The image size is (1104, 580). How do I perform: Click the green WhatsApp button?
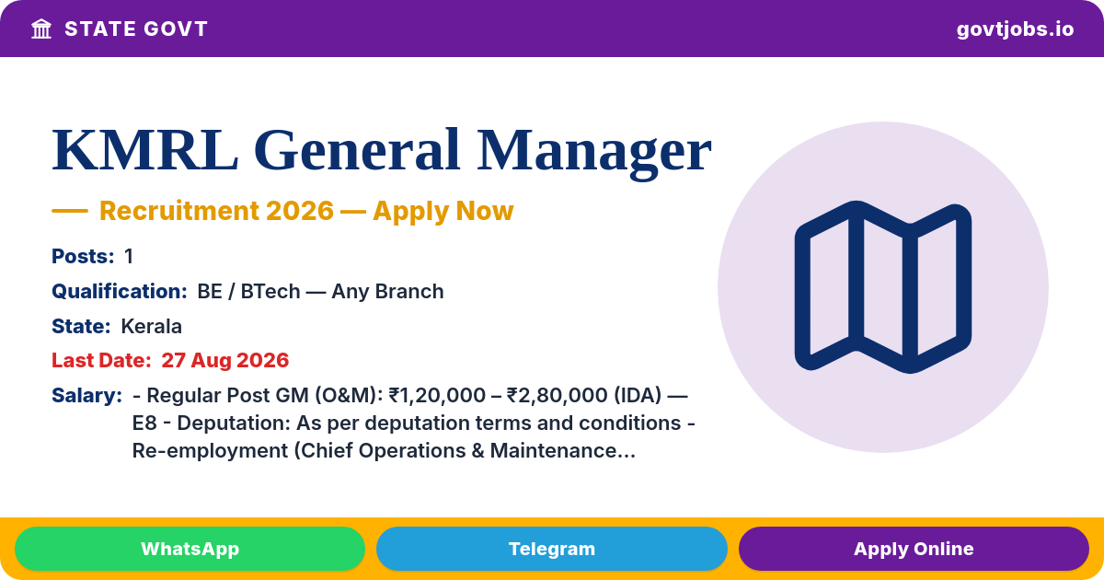pos(190,549)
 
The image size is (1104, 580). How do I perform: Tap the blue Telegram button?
pos(551,549)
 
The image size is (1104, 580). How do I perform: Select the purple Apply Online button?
pos(914,549)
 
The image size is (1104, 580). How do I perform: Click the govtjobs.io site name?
pos(1015,29)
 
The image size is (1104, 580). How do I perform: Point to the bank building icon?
pos(41,29)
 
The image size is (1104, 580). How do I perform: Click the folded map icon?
pos(883,287)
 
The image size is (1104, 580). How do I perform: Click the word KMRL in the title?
pos(145,150)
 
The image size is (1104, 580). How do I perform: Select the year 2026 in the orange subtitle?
pos(300,211)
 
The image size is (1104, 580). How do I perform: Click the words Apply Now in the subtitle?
pos(443,211)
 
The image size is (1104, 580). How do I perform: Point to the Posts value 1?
pos(129,257)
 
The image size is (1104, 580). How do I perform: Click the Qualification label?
pos(120,292)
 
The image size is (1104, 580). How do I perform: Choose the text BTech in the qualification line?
pos(270,292)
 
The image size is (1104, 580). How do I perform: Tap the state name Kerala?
pos(151,327)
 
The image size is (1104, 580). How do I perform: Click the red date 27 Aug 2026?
pos(224,361)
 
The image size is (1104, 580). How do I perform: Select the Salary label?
pos(86,396)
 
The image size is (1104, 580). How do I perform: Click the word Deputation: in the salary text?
pos(234,423)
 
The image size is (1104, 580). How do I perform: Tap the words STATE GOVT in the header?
pos(136,29)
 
